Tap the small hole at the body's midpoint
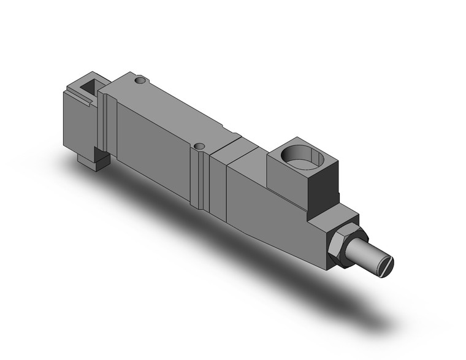(198, 146)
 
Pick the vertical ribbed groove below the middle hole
(196, 178)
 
